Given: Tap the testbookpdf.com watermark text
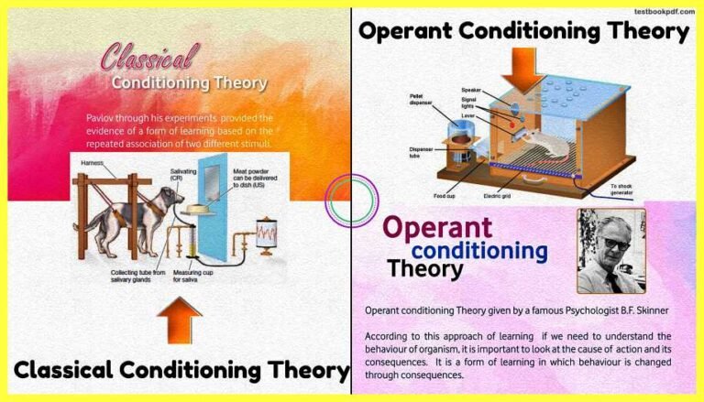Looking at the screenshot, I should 662,11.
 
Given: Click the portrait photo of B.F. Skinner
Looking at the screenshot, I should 609,250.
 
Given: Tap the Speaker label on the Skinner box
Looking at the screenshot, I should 472,91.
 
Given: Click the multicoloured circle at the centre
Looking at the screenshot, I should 352,201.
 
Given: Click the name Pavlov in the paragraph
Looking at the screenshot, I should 101,118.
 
